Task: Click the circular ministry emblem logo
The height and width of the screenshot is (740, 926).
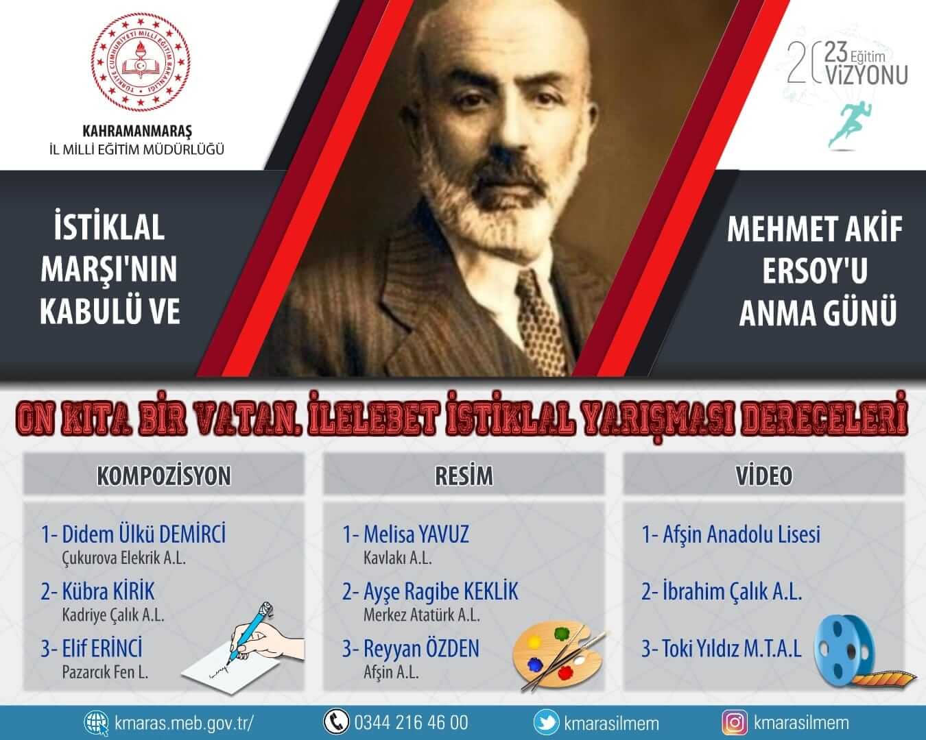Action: point(141,62)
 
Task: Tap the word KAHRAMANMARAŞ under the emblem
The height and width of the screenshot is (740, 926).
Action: point(136,131)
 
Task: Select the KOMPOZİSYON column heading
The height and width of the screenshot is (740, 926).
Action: point(163,476)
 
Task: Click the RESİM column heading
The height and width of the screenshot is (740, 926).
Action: point(464,476)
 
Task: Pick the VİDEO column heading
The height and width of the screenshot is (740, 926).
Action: point(763,476)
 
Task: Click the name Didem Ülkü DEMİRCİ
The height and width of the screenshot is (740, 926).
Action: point(144,534)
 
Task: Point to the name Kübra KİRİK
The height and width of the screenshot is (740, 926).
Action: point(108,591)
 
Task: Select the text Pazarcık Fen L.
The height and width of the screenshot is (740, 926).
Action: point(105,672)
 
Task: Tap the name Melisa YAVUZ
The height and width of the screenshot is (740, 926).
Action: point(416,534)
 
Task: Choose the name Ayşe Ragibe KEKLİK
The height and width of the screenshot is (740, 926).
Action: point(441,591)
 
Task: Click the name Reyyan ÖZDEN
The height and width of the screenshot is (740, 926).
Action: point(421,648)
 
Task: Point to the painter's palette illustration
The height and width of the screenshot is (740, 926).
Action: point(558,654)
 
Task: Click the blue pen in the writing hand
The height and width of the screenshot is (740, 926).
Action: point(251,632)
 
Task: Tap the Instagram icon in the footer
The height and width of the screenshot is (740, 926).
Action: point(735,722)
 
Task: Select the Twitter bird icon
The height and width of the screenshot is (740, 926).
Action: point(546,722)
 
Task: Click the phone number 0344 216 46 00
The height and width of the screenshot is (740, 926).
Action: point(411,722)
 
